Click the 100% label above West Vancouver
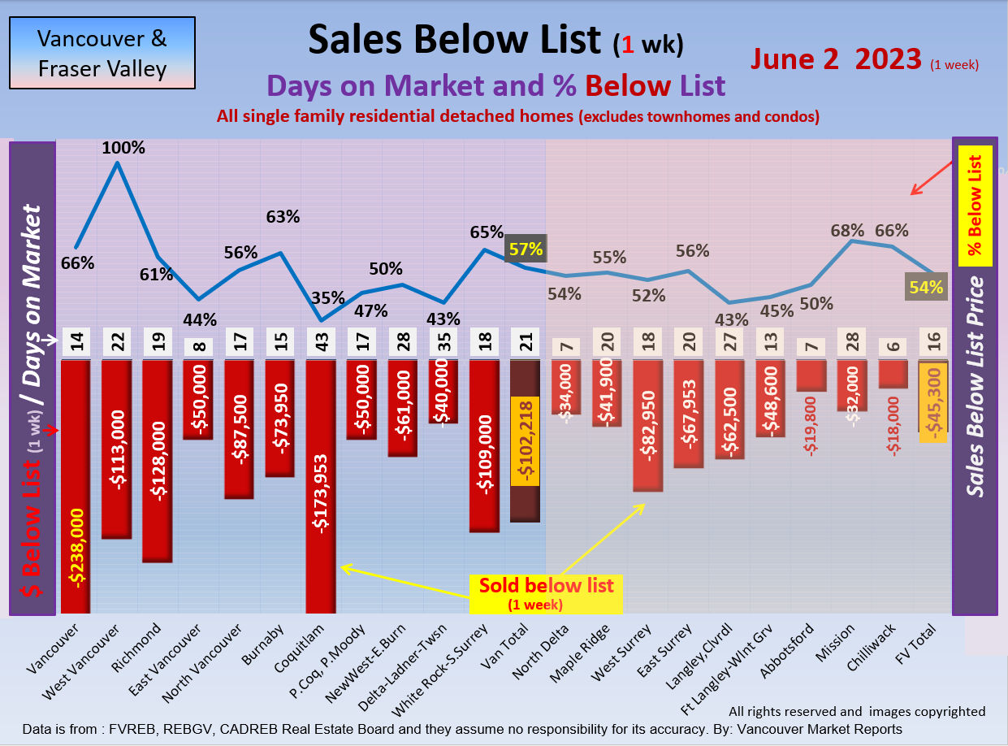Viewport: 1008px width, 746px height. click(x=124, y=149)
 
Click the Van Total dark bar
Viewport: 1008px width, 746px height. click(x=525, y=439)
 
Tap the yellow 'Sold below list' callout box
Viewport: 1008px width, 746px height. click(x=546, y=593)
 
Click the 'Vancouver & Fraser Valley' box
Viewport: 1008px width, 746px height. click(x=102, y=53)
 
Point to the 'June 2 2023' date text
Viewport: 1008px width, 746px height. click(x=836, y=59)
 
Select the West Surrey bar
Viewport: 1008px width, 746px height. click(x=647, y=426)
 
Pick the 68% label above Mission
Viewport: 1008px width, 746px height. click(x=847, y=231)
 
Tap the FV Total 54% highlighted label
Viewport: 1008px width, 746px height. click(x=926, y=286)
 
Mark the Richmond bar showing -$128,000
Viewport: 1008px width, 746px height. click(x=158, y=460)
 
